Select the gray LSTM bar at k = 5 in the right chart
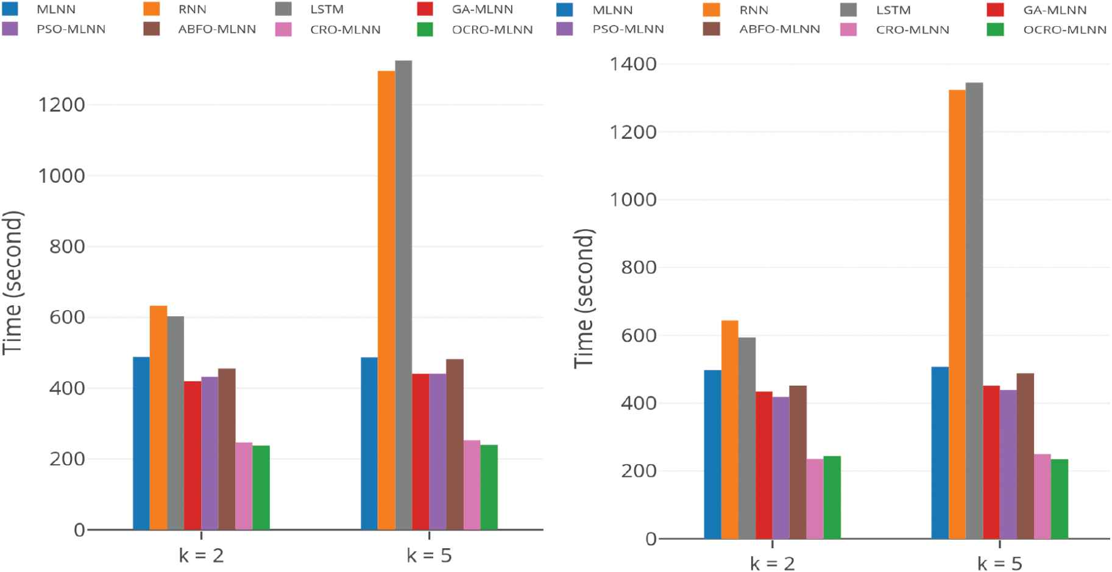pyautogui.click(x=974, y=311)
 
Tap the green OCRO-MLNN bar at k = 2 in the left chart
pyautogui.click(x=261, y=487)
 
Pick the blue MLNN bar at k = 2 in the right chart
pyautogui.click(x=712, y=454)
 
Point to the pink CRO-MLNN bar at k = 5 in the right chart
pyautogui.click(x=1042, y=496)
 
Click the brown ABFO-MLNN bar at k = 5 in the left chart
pyautogui.click(x=455, y=444)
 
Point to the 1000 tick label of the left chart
pyautogui.click(x=61, y=176)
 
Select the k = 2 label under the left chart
pyautogui.click(x=201, y=556)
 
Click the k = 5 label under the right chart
pyautogui.click(x=999, y=563)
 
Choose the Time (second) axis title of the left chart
pyautogui.click(x=12, y=282)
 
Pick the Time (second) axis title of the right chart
pyautogui.click(x=584, y=298)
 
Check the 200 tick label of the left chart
pyautogui.click(x=67, y=459)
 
